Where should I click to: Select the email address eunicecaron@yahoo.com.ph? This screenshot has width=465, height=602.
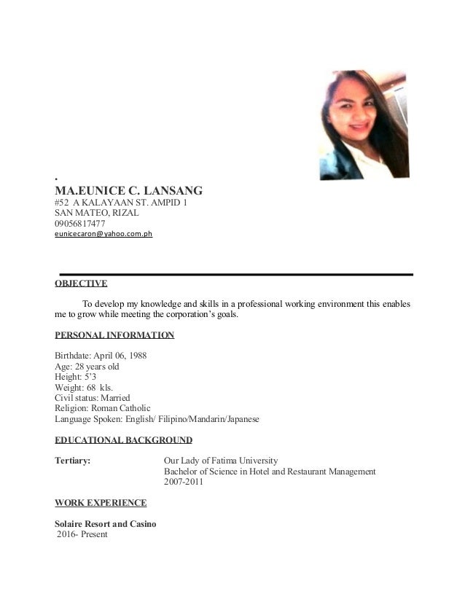coord(103,235)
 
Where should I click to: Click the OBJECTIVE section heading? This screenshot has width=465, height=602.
coord(82,284)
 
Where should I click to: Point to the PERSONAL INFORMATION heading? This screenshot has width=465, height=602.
coord(115,336)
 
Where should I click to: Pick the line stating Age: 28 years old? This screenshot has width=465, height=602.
coord(87,367)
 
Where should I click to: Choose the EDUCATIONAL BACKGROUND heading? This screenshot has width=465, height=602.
coord(124,440)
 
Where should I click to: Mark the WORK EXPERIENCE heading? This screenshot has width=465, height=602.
coord(101,503)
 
